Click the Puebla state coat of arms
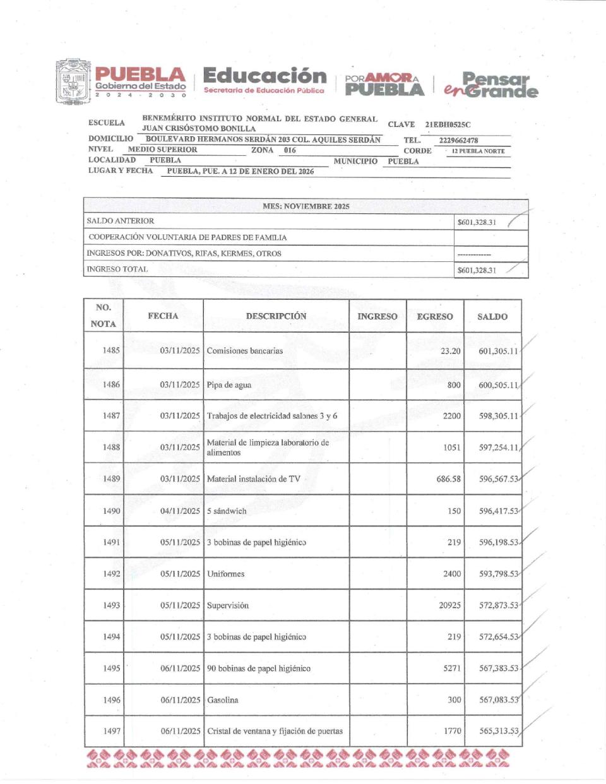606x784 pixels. click(x=73, y=82)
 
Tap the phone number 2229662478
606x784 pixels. click(x=458, y=140)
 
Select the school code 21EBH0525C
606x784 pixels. click(x=448, y=124)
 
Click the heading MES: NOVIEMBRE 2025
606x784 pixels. click(x=306, y=206)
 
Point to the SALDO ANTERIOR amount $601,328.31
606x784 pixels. click(x=477, y=222)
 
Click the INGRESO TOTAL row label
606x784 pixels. click(x=117, y=269)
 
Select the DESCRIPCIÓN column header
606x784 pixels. click(x=276, y=316)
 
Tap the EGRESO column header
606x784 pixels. click(x=434, y=316)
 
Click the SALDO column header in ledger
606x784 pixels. click(x=492, y=316)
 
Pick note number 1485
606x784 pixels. click(x=111, y=350)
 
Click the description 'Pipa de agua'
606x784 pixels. click(x=229, y=384)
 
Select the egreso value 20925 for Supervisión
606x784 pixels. click(x=449, y=605)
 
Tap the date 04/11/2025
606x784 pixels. click(x=180, y=511)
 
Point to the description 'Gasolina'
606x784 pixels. click(x=223, y=700)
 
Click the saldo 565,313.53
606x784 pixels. click(x=499, y=731)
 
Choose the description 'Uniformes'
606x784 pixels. click(x=225, y=574)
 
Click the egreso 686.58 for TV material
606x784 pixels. click(x=448, y=479)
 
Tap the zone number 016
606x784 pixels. click(x=290, y=150)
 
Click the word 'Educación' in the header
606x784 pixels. click(x=264, y=76)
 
